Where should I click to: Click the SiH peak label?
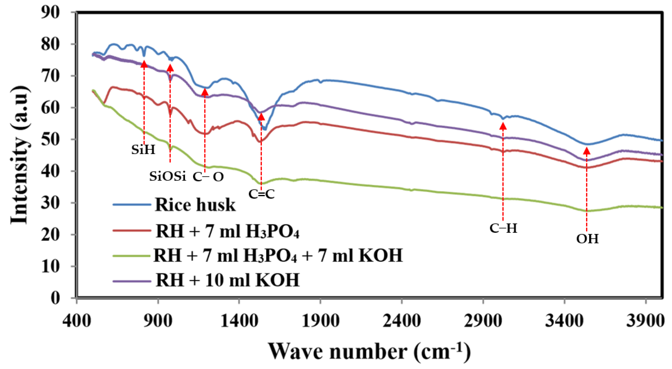click(x=143, y=150)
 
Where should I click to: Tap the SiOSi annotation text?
click(x=168, y=177)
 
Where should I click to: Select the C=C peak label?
click(x=261, y=194)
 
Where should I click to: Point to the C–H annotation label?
click(x=503, y=228)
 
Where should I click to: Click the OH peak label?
click(x=587, y=239)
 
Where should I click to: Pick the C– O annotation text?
click(x=208, y=177)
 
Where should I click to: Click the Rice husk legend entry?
click(x=195, y=205)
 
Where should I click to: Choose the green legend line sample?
click(x=132, y=255)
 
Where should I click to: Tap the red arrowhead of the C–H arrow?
click(x=503, y=126)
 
